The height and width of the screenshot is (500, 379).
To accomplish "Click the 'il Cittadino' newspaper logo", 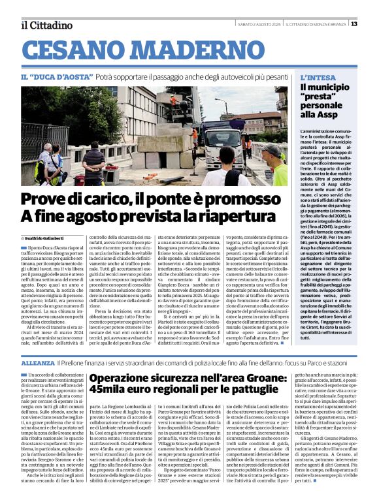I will tap(46, 25).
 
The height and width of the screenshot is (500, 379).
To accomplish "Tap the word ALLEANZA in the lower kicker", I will tap(37, 361).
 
